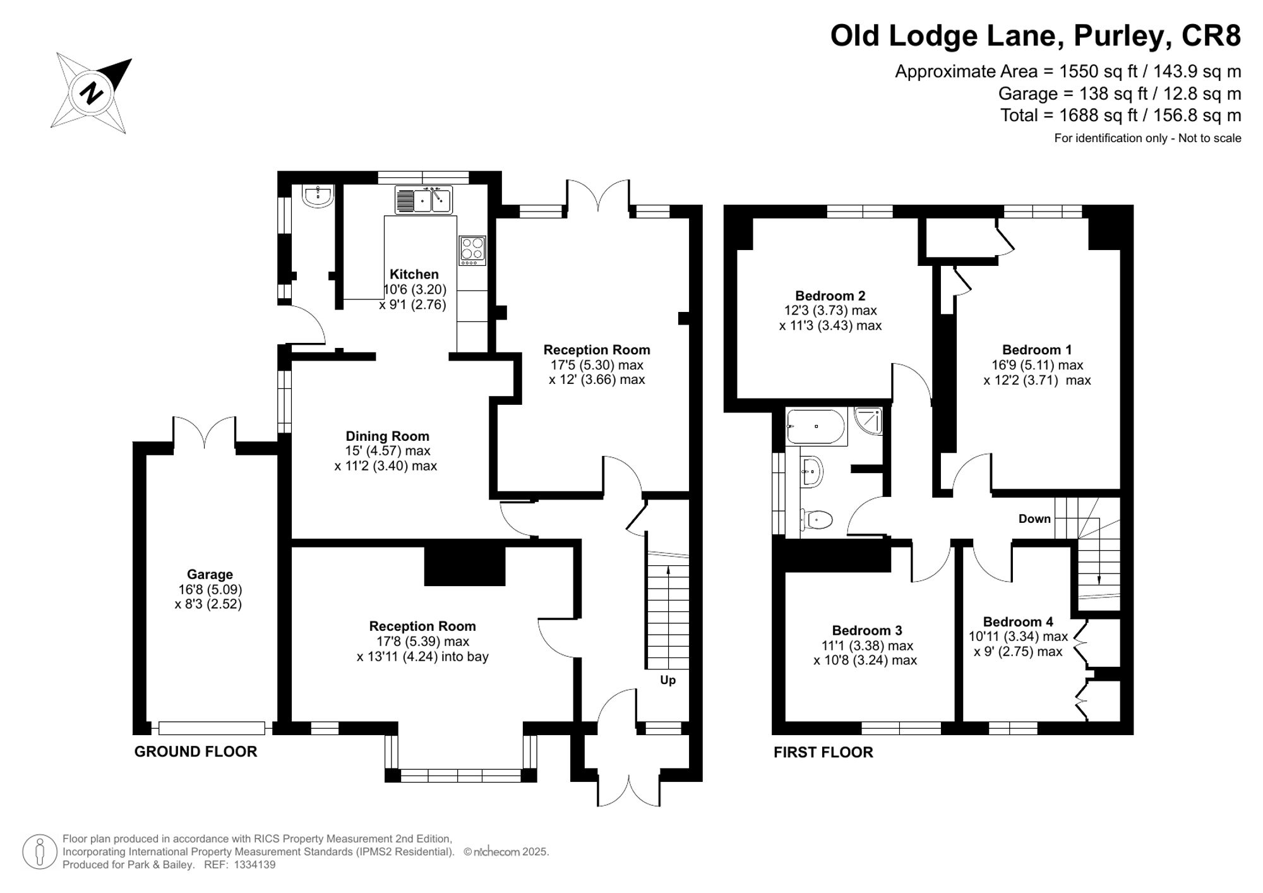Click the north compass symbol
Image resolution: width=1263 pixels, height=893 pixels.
tap(92, 93)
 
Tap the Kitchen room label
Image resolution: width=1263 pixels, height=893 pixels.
tap(414, 274)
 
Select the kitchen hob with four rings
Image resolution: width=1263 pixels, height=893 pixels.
tap(472, 250)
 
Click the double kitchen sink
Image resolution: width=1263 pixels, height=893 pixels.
tap(424, 200)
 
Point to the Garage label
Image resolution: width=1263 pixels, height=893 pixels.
tap(210, 574)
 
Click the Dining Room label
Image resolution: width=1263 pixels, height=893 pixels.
tap(387, 436)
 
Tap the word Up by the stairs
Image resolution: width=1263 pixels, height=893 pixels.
tap(667, 680)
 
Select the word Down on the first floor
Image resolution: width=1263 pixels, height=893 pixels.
tap(1034, 518)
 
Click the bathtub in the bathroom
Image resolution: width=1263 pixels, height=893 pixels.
tap(815, 426)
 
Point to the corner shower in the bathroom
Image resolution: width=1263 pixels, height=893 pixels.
tap(868, 421)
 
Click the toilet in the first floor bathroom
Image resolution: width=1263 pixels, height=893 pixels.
tap(817, 520)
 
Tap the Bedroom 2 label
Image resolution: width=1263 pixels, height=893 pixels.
tap(830, 296)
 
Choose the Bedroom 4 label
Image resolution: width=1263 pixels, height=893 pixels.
tap(1018, 621)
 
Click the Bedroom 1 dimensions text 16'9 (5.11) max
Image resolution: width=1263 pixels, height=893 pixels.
tap(1037, 365)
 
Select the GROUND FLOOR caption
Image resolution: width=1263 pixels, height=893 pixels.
tap(196, 752)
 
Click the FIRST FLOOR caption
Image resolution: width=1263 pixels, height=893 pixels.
tap(823, 752)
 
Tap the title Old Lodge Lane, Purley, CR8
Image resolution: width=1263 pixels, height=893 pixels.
tap(1036, 35)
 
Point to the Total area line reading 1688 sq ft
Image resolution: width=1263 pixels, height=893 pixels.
tap(1121, 116)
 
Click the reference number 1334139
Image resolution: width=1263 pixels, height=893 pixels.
tap(254, 865)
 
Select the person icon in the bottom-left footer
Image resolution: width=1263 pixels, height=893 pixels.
tap(40, 851)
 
